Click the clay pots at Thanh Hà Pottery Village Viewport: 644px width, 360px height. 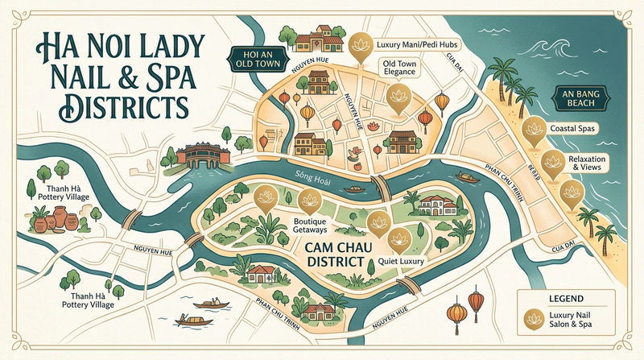(x=56, y=218)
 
